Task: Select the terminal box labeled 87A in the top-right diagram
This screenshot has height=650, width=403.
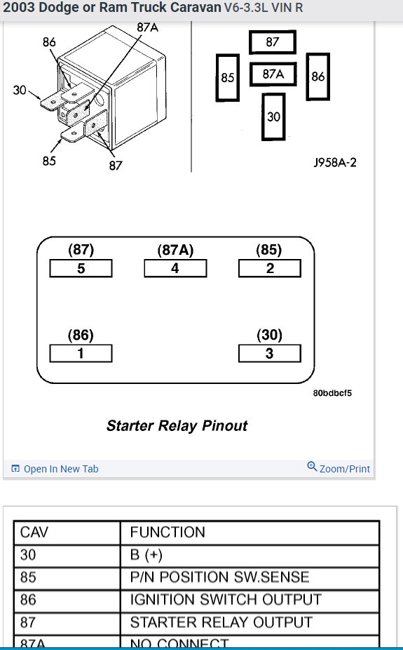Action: click(x=273, y=74)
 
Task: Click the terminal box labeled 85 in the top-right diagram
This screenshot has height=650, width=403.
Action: click(x=227, y=77)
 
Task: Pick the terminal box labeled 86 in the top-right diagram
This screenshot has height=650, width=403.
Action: click(x=317, y=76)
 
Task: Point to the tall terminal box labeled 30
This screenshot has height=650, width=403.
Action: click(x=273, y=116)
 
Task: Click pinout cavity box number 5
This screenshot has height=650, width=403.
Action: click(x=81, y=268)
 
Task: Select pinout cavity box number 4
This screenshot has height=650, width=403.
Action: click(x=175, y=268)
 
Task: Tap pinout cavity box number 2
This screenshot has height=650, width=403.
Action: click(x=270, y=268)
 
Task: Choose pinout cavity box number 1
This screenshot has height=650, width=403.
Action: click(x=81, y=353)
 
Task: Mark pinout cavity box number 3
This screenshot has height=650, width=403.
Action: click(x=270, y=353)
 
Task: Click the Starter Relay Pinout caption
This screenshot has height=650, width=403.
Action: click(x=177, y=425)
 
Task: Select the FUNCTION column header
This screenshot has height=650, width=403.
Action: click(x=168, y=532)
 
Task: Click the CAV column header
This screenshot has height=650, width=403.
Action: click(x=34, y=532)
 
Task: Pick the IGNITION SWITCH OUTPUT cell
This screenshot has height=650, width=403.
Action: click(x=225, y=599)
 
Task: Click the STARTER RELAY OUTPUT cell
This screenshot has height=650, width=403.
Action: click(x=221, y=622)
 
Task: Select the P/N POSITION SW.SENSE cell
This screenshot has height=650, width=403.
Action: click(x=219, y=577)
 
